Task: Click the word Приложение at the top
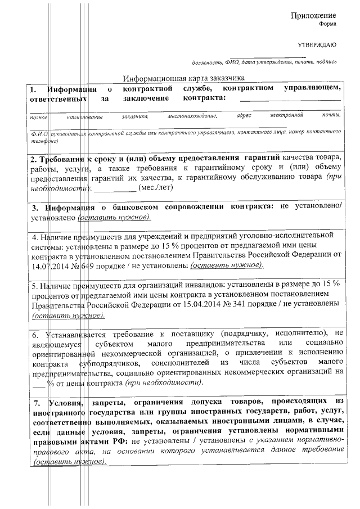(313, 15)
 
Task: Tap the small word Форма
(327, 25)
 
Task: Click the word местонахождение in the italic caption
(192, 116)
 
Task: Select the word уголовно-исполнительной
(294, 236)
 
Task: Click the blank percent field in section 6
(38, 382)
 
